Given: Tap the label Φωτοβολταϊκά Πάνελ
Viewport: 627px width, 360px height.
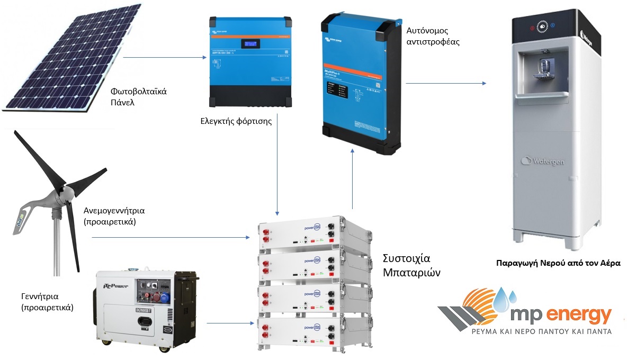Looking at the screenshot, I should (139, 96).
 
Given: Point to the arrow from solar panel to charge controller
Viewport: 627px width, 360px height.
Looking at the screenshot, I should (164, 57).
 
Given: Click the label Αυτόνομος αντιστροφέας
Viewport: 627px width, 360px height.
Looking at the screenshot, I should (433, 34).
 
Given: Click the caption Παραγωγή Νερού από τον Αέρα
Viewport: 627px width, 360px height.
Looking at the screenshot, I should (558, 263).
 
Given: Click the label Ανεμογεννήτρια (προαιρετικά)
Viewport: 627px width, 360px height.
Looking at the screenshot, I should (114, 217).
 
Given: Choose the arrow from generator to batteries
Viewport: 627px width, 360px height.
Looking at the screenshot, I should (228, 322).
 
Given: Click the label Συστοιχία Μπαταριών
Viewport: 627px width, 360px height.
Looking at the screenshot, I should (406, 266).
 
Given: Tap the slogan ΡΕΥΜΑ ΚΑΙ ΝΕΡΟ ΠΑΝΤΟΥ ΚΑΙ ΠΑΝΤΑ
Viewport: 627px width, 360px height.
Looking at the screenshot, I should (541, 332).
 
